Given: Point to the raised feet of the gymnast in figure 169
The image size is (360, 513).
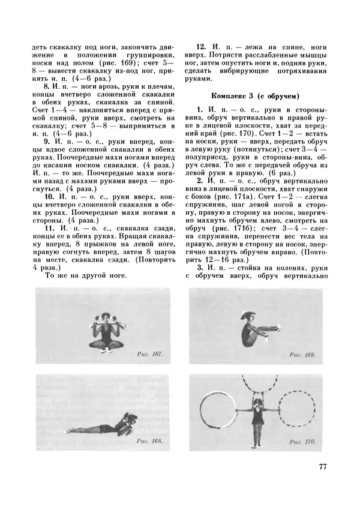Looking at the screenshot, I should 275,328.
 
